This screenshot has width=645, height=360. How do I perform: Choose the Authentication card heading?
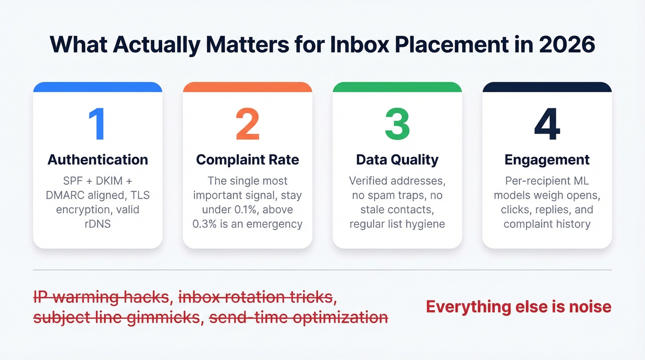98,159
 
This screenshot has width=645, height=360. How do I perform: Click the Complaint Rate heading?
247,159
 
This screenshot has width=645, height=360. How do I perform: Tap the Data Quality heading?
397,159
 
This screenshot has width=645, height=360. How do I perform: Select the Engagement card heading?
547,159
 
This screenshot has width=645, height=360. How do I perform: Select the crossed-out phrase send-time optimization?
298,317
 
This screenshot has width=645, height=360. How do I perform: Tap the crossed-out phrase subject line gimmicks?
117,317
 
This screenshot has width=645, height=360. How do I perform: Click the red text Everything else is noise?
518,307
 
